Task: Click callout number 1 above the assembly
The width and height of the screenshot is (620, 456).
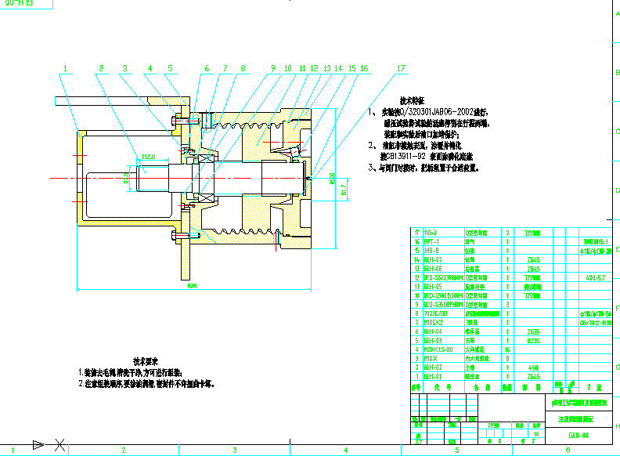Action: coord(66,68)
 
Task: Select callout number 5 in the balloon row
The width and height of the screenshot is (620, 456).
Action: coord(168,68)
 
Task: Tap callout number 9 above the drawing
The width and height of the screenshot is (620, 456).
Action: coord(274,68)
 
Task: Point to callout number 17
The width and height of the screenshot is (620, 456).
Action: coord(401,68)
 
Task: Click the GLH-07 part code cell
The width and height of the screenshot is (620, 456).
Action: coord(433,259)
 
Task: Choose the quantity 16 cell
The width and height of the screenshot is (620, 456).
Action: coord(508,349)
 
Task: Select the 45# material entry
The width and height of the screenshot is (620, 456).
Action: coord(532,367)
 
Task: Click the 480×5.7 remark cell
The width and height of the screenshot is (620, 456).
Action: coord(591,277)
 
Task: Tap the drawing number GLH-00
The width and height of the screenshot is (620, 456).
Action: coord(579,435)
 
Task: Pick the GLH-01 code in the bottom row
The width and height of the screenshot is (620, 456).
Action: coord(433,376)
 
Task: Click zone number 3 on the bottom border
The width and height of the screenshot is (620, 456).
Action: coord(234,451)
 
